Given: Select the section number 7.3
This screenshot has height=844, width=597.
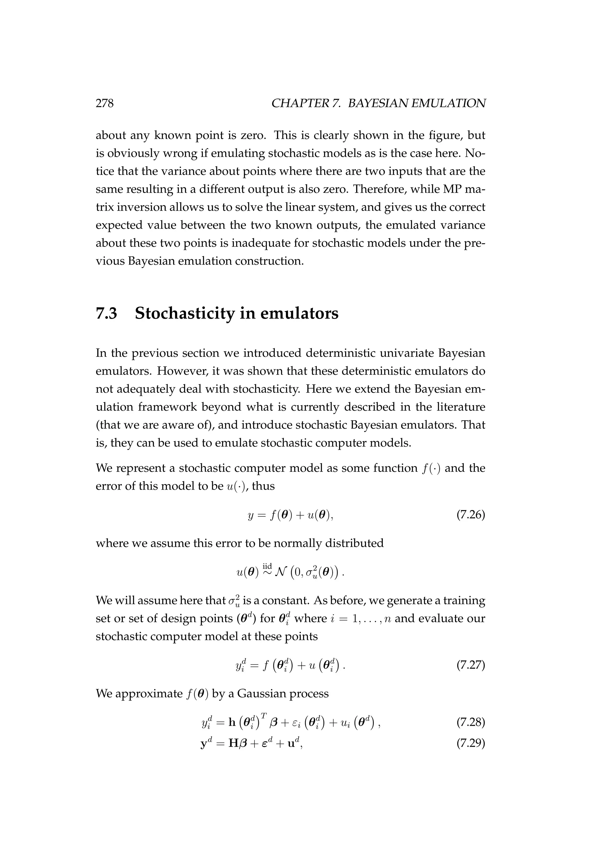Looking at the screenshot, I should [107, 313].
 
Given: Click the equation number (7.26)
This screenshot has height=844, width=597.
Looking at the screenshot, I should [470, 515].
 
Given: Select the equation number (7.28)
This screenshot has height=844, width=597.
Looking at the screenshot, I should [470, 722].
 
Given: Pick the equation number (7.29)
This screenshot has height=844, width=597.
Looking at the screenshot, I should [470, 744].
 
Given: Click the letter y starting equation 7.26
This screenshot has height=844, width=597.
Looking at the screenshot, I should [251, 515].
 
